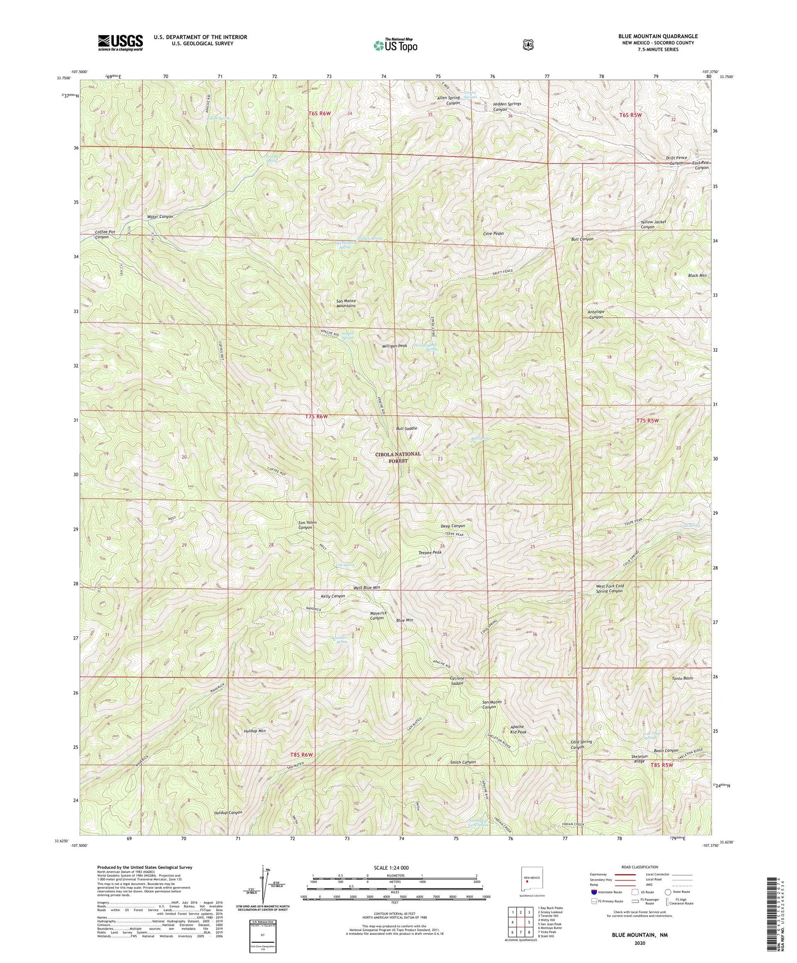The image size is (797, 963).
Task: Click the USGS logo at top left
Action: click(120, 42)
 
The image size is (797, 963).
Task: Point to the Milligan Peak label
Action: click(394, 346)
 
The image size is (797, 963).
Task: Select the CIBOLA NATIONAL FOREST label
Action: click(397, 457)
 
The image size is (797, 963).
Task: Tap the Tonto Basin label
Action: click(682, 679)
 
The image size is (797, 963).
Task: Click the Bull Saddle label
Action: click(406, 428)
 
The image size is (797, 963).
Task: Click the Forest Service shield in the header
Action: click(528, 45)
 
